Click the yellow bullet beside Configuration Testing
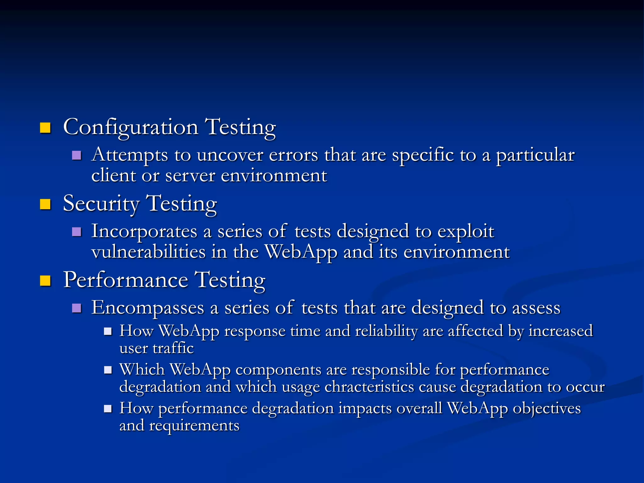(x=45, y=128)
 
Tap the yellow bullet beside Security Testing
(x=45, y=204)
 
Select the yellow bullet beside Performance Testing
(x=45, y=280)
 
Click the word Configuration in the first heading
(x=130, y=127)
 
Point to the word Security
(x=101, y=204)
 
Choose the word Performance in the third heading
(x=125, y=280)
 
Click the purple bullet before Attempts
(x=76, y=155)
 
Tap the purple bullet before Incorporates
(x=76, y=232)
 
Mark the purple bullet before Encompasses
(x=76, y=308)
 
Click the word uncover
(x=230, y=155)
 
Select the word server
(x=190, y=175)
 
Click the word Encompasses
(x=147, y=308)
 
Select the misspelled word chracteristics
(x=369, y=387)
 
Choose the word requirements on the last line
(x=194, y=426)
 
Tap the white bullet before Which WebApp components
(x=108, y=370)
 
